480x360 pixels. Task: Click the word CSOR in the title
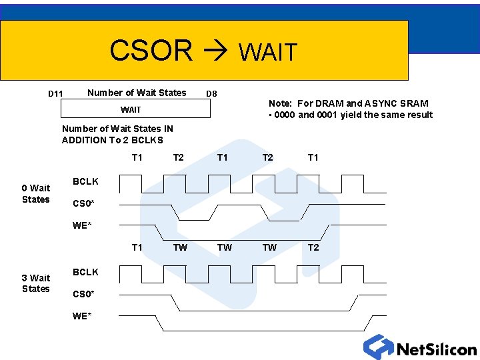click(151, 50)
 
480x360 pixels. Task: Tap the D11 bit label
click(55, 94)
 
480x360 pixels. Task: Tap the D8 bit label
click(211, 94)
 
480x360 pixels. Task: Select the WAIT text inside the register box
click(131, 109)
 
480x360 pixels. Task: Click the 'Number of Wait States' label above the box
click(137, 93)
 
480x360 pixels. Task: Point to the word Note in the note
click(281, 103)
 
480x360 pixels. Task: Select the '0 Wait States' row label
click(36, 194)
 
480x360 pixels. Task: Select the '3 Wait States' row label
click(36, 283)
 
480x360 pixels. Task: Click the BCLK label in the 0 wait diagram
click(85, 181)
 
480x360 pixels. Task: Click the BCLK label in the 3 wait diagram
click(85, 272)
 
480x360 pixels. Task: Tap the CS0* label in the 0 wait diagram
click(83, 203)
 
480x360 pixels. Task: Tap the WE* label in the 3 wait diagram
click(82, 316)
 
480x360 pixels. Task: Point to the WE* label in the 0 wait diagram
click(82, 225)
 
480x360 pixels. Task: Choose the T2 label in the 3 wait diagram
click(313, 247)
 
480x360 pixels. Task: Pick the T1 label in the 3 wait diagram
click(137, 247)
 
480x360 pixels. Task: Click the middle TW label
click(225, 247)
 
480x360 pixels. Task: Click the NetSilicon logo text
click(436, 349)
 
